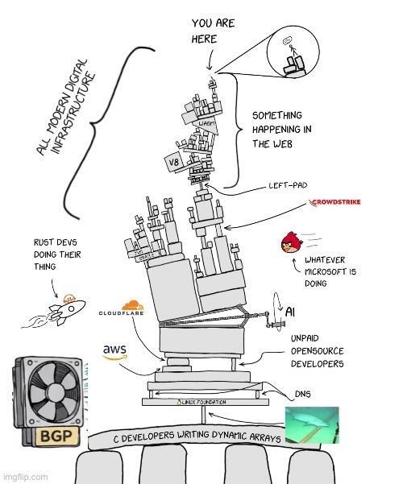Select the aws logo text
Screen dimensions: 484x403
click(115, 350)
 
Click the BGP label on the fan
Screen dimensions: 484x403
click(40, 437)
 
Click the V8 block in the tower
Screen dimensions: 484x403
click(172, 163)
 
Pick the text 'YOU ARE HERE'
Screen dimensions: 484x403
click(213, 31)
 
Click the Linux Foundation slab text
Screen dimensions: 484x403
click(201, 401)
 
